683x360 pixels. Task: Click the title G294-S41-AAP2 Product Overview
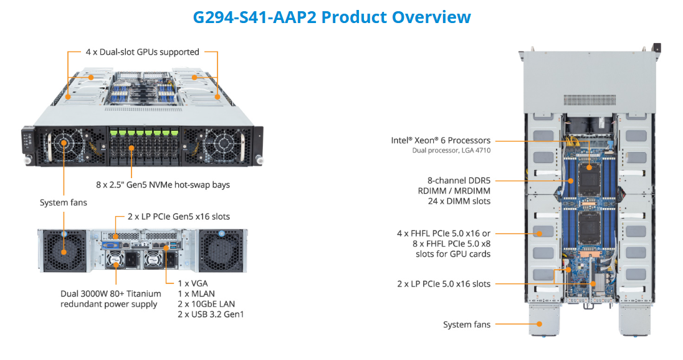[x=332, y=17]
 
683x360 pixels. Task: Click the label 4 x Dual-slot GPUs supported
[x=142, y=52]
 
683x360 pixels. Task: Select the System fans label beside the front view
[x=64, y=202]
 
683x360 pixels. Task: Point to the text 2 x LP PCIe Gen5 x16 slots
[x=179, y=217]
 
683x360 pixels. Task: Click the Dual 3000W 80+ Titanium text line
[x=111, y=293]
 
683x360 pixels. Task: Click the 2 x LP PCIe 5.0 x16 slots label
[x=444, y=284]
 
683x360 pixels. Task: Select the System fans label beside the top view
[x=467, y=324]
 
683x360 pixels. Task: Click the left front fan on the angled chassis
[x=65, y=143]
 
